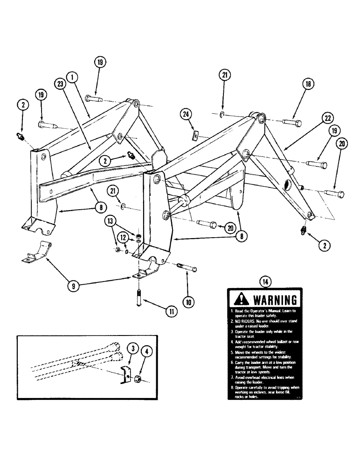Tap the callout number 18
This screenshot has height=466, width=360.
pyautogui.click(x=308, y=84)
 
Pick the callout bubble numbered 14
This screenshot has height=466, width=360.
pyautogui.click(x=264, y=281)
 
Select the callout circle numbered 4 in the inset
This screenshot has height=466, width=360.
pyautogui.click(x=144, y=359)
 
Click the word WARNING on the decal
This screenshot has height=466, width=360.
pyautogui.click(x=272, y=299)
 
